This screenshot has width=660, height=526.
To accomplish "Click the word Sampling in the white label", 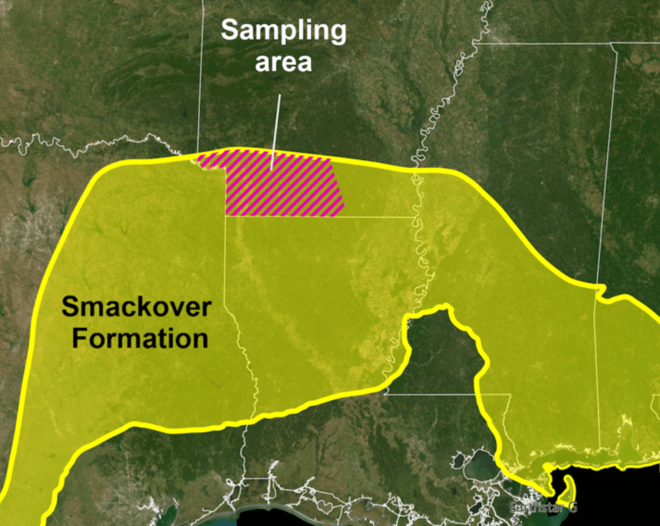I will (284, 32).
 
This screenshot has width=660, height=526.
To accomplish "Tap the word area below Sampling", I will (284, 62).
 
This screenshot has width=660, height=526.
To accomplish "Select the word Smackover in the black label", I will (136, 306).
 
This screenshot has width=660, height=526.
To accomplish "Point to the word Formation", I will (140, 338).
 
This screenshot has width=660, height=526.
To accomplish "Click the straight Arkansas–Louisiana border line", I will (319, 217).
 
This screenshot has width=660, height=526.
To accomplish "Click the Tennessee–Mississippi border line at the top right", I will (544, 43).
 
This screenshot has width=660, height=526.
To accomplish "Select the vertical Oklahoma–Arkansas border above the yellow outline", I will (200, 83).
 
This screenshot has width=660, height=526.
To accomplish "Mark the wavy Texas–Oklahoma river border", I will (82, 146).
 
